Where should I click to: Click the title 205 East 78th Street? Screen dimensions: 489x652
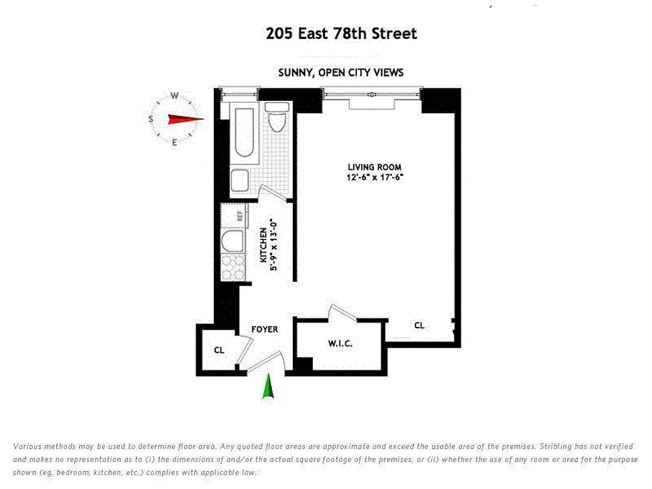[x=341, y=33]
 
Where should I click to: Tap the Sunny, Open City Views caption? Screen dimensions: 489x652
[x=340, y=72]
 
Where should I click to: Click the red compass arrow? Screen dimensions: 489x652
[x=185, y=120]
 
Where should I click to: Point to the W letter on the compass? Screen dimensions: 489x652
[x=174, y=95]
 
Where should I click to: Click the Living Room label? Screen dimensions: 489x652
[x=375, y=167]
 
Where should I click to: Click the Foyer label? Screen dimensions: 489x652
[x=265, y=329]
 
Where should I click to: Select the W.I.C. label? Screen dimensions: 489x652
[x=340, y=344]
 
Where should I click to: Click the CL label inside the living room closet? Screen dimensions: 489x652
[x=419, y=326]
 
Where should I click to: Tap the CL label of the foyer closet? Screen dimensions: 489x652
[x=219, y=350]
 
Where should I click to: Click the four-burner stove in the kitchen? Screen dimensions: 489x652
[x=233, y=265]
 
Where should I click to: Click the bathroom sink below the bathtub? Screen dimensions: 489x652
[x=240, y=181]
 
